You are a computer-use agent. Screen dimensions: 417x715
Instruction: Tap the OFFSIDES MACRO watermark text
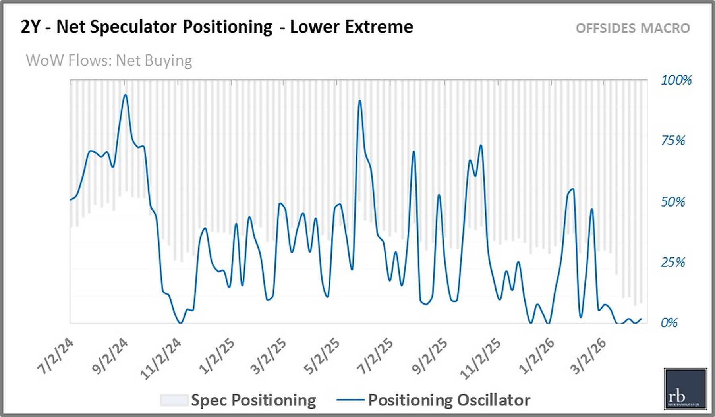[632, 28]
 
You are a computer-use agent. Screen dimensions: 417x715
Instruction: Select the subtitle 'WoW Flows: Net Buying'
[109, 61]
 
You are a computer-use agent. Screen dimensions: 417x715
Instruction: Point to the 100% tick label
[676, 80]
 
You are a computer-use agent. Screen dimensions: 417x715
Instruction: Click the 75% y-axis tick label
[673, 141]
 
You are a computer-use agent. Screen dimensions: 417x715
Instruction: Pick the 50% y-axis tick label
[673, 202]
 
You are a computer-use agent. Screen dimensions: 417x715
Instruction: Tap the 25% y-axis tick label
[673, 262]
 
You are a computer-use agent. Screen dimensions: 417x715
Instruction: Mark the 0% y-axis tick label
[669, 323]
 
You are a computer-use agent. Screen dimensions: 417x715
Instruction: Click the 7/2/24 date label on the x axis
[56, 356]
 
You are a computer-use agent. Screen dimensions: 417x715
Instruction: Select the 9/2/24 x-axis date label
[110, 356]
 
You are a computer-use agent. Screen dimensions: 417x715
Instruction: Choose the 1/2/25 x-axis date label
[217, 356]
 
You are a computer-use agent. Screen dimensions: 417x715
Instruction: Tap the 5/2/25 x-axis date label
[322, 356]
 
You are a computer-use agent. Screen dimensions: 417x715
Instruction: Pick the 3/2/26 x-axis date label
[588, 356]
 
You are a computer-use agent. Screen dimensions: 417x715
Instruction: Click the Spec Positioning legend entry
[238, 400]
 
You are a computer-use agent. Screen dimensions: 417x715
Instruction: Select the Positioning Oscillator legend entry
[433, 400]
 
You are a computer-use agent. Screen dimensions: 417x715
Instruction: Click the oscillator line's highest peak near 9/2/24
[126, 95]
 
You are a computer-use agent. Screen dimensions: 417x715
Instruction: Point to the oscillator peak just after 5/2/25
[360, 101]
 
